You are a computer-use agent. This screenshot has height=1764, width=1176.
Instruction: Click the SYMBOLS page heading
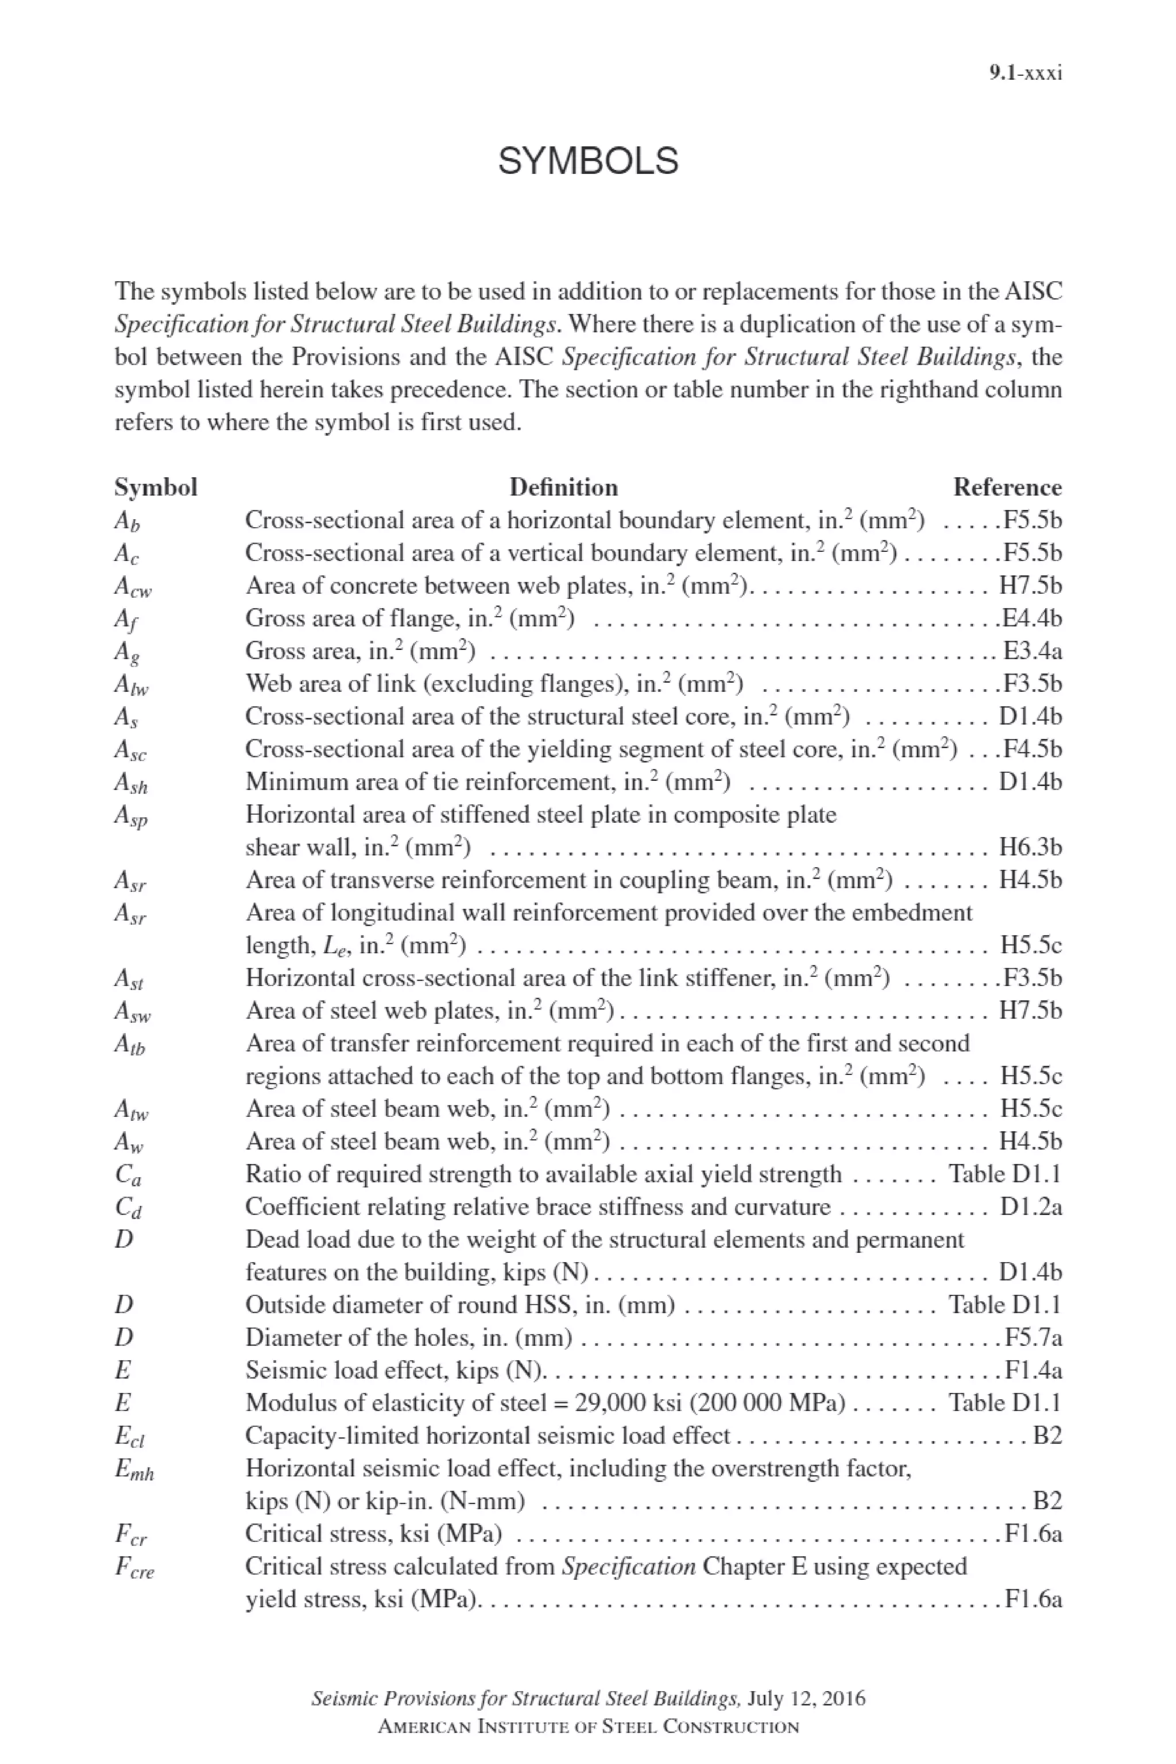pos(588,161)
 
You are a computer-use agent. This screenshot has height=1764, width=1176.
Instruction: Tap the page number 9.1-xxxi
pos(1025,73)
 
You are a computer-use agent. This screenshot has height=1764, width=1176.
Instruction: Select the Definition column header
pos(563,488)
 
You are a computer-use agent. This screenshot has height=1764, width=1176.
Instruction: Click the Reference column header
pos(1007,488)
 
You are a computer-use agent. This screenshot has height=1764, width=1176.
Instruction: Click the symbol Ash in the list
pos(131,783)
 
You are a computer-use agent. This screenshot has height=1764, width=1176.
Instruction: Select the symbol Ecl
pos(130,1436)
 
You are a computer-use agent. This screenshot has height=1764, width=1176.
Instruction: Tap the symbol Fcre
pos(134,1568)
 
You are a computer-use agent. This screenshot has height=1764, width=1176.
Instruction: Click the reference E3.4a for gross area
pos(1032,651)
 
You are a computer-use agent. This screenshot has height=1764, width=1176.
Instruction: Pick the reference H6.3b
pos(1031,848)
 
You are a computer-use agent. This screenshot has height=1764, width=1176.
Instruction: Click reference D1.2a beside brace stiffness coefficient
pos(1031,1207)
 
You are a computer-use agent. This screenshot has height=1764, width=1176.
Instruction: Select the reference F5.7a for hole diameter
pos(1033,1337)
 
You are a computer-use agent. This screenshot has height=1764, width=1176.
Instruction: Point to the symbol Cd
pos(128,1208)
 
